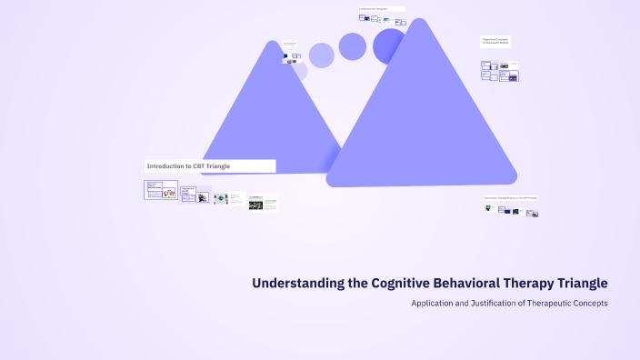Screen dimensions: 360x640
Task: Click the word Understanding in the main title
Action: click(298, 284)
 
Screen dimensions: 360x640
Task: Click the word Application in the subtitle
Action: click(434, 303)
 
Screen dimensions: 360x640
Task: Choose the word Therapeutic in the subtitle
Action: click(558, 303)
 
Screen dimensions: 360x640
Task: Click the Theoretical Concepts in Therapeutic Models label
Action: click(495, 41)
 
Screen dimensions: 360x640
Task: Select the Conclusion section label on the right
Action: click(510, 197)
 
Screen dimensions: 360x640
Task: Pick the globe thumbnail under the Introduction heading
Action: click(221, 198)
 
